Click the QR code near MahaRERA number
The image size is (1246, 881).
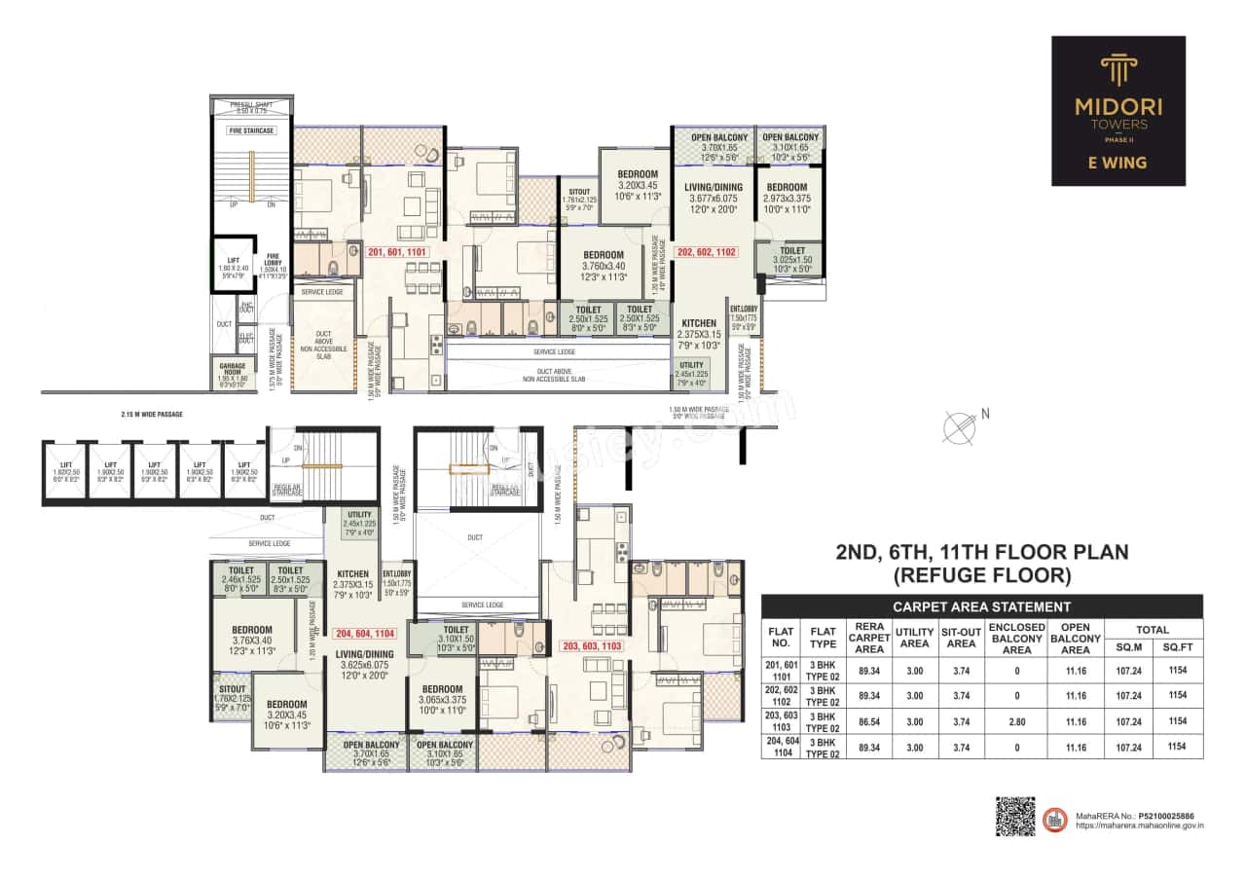click(1015, 816)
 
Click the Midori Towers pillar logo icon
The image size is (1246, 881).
click(1118, 71)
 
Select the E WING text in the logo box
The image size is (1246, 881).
click(1118, 163)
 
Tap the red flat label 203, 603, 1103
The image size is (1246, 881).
click(592, 645)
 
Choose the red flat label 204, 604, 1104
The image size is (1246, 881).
click(364, 633)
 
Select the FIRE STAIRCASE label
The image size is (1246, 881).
click(251, 130)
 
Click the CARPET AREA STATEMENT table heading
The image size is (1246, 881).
click(981, 606)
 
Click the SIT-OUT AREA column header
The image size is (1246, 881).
click(961, 636)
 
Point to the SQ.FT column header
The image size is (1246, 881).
click(1177, 646)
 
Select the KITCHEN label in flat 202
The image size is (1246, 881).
click(699, 323)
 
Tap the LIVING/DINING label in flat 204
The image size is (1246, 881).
click(365, 654)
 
